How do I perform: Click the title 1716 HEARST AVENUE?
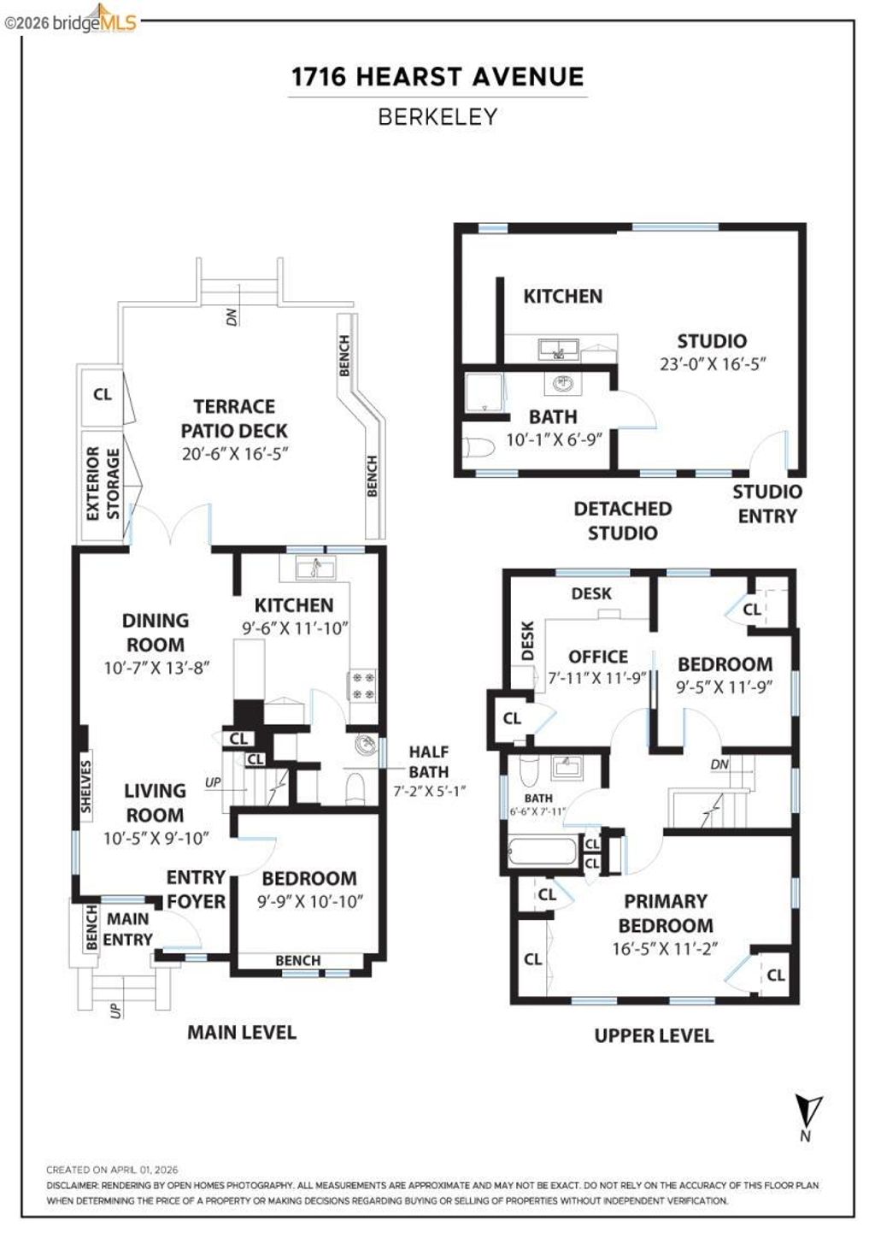pyautogui.click(x=437, y=77)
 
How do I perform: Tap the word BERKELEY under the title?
pyautogui.click(x=437, y=117)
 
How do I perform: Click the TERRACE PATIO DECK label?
pyautogui.click(x=234, y=419)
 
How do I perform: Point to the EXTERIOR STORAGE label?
pyautogui.click(x=103, y=484)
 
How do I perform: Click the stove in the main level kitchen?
pyautogui.click(x=360, y=685)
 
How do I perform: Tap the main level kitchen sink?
pyautogui.click(x=314, y=567)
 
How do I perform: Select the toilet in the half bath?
pyautogui.click(x=355, y=790)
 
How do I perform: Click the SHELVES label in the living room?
pyautogui.click(x=85, y=786)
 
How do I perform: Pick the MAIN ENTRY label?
pyautogui.click(x=127, y=929)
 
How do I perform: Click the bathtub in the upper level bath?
pyautogui.click(x=542, y=852)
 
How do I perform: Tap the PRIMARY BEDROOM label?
pyautogui.click(x=665, y=913)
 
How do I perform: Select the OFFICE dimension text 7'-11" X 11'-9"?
pyautogui.click(x=598, y=678)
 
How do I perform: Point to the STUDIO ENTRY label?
pyautogui.click(x=766, y=504)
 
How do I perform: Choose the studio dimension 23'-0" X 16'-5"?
pyautogui.click(x=712, y=363)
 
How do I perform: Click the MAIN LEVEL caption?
pyautogui.click(x=242, y=1032)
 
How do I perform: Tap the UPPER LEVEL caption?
pyautogui.click(x=654, y=1035)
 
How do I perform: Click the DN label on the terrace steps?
pyautogui.click(x=232, y=315)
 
